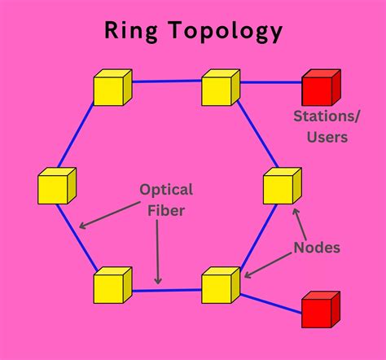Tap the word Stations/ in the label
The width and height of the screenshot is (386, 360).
point(321,116)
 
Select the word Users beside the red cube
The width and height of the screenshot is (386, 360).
point(321,137)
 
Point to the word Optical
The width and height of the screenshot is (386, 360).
point(166,191)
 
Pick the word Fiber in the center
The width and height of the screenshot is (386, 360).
point(166,211)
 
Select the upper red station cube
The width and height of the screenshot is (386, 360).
point(320,88)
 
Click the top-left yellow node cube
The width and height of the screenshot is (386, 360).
point(112,87)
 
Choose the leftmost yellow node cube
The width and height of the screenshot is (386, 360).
point(56,187)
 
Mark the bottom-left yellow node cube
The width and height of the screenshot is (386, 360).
point(112,285)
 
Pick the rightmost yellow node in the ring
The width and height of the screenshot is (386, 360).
point(282,187)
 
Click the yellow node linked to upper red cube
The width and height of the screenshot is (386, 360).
point(220,87)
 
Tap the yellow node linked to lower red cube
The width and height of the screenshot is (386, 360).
point(220,285)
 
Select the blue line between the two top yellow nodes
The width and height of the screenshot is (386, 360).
point(166,81)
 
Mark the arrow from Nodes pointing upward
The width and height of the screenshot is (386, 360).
point(298,220)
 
